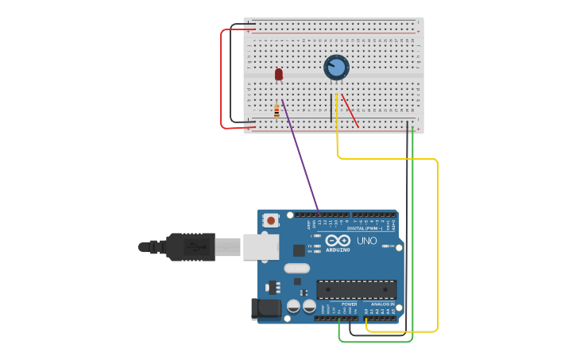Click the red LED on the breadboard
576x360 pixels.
tap(279, 74)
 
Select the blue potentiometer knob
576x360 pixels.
tap(336, 68)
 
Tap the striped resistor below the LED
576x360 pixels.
tap(276, 111)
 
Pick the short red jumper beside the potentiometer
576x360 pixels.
tap(350, 110)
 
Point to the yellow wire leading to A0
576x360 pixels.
tap(437, 238)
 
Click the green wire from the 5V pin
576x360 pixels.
tap(412, 238)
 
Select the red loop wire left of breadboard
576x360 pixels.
tap(222, 79)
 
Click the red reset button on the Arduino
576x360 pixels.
tap(272, 220)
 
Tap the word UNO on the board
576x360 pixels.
tap(366, 241)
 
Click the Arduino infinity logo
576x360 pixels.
tap(338, 240)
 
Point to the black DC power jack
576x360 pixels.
tap(266, 308)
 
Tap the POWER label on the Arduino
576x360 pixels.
tap(349, 304)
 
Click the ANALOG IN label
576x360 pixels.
tap(381, 304)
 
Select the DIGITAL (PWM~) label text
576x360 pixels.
tap(366, 228)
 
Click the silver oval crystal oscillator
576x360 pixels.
tap(296, 268)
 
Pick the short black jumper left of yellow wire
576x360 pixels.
tap(331, 107)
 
